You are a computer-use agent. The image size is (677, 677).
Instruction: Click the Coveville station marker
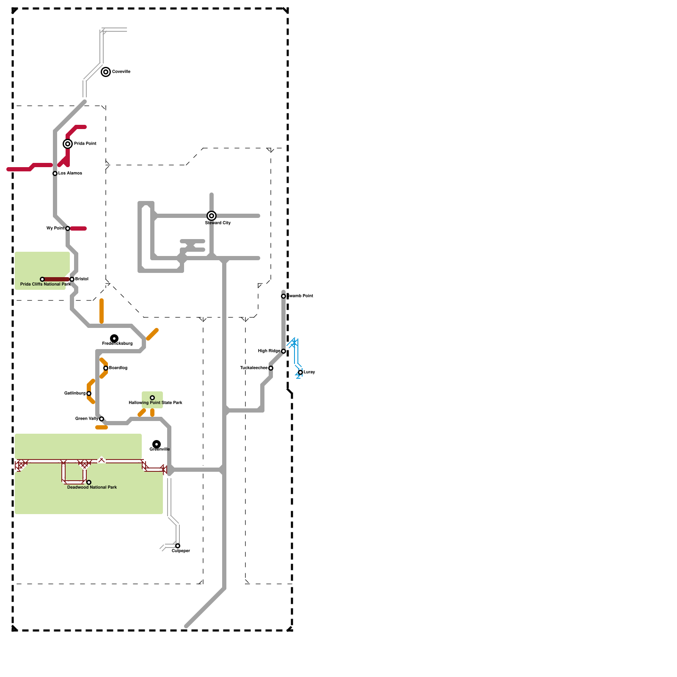point(106,72)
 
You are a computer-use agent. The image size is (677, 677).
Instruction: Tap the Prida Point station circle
point(68,144)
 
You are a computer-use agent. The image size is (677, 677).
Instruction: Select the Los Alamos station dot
point(55,173)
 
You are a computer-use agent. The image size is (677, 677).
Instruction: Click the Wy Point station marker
point(68,228)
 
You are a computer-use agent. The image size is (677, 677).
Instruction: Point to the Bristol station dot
point(72,279)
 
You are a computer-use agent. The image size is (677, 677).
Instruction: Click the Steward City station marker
point(212,216)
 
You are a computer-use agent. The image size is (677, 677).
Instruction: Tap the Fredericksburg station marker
point(114,338)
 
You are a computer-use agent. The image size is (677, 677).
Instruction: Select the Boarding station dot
point(106,368)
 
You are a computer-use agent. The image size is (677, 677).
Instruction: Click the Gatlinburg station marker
point(89,394)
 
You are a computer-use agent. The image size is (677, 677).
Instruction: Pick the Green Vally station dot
point(102,419)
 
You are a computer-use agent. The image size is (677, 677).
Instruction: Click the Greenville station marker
point(157,444)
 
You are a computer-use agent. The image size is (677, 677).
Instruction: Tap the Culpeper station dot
point(178,546)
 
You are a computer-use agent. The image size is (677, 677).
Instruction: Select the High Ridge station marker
point(283,351)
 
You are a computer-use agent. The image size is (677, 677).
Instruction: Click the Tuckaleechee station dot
point(271,368)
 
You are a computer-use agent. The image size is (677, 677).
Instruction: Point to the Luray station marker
point(300,372)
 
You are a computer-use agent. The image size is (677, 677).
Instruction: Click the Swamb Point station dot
point(283,296)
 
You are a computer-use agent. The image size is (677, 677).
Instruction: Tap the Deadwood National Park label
point(92,487)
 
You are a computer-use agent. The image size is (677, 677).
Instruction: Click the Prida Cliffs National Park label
point(45,284)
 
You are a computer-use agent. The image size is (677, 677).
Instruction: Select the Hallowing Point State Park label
point(155,403)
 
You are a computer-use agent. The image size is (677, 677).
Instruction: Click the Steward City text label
point(218,223)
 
